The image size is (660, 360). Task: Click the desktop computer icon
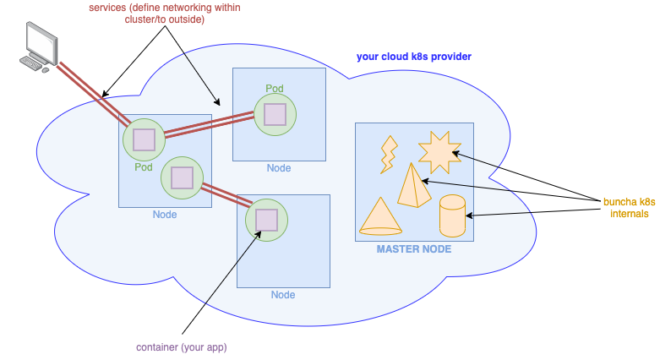(39, 46)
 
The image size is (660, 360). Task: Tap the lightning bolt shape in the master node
(389, 155)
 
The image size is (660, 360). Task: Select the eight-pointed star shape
(439, 152)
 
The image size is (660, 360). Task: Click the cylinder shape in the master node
(452, 215)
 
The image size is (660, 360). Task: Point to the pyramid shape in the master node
(414, 186)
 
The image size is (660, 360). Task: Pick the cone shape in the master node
(380, 216)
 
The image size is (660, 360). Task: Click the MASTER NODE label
(414, 249)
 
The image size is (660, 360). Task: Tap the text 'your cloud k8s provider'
(414, 57)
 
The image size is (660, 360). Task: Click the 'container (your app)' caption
(182, 347)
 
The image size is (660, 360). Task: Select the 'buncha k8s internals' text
(630, 208)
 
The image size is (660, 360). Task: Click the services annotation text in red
(165, 14)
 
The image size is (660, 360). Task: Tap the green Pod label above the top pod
(275, 89)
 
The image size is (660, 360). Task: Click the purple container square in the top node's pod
(275, 115)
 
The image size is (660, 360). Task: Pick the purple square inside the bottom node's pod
(266, 220)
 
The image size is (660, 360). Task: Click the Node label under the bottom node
(283, 295)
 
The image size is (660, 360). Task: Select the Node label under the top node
(279, 168)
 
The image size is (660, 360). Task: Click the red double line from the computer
(94, 95)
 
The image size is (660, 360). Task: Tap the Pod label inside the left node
(144, 167)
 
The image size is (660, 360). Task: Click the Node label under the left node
(165, 215)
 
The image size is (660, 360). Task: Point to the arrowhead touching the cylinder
(468, 215)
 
